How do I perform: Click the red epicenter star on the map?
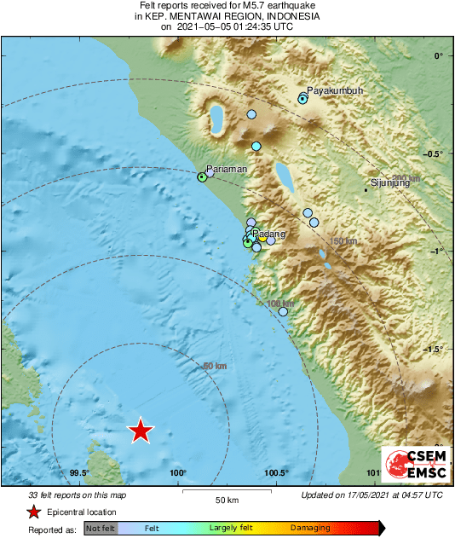(x=141, y=431)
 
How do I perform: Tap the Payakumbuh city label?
(x=334, y=90)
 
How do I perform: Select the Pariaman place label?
(x=227, y=169)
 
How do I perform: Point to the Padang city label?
(x=269, y=234)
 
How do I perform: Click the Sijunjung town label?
(x=391, y=182)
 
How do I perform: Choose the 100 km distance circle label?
(x=280, y=304)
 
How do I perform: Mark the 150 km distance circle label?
(x=343, y=242)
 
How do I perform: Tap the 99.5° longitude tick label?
(x=80, y=473)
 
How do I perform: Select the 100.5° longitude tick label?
(x=276, y=473)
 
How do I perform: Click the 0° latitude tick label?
(x=439, y=56)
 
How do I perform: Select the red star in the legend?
(x=33, y=512)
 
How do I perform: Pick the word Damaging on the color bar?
(x=310, y=529)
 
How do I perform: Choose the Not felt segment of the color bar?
(x=101, y=529)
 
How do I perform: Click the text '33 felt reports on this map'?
(x=77, y=495)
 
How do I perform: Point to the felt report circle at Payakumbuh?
(x=302, y=99)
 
